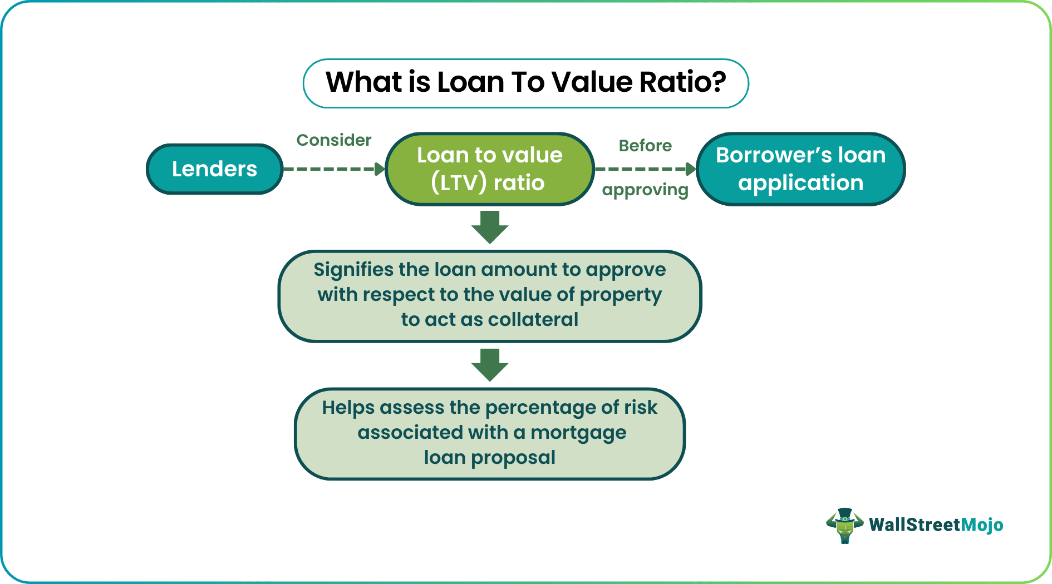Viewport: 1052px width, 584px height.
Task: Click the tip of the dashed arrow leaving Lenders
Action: click(385, 169)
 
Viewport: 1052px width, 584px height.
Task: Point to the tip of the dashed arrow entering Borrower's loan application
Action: click(696, 169)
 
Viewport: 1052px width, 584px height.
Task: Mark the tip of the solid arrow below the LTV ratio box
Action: click(490, 244)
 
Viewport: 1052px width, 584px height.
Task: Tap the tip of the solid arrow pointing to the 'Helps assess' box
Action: click(490, 382)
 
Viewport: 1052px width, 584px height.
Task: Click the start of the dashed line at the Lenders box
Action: click(284, 169)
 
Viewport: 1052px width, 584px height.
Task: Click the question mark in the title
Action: click(719, 82)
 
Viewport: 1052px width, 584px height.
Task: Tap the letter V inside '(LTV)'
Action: click(469, 183)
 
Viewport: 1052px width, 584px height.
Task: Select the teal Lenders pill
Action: click(215, 169)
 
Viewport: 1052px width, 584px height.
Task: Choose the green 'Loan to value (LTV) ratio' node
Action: click(490, 169)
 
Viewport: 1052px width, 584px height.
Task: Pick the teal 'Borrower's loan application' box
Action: click(801, 169)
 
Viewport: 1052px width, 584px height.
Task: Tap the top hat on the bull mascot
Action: click(845, 514)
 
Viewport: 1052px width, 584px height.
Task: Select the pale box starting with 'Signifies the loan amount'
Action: click(490, 296)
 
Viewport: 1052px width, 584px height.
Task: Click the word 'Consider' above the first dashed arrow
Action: click(334, 140)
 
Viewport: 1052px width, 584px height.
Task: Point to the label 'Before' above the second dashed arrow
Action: click(646, 146)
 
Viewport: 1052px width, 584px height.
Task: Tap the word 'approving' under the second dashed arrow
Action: click(646, 190)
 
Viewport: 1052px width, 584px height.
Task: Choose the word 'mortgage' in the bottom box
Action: click(578, 433)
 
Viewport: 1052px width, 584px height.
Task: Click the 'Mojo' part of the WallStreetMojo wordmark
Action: click(982, 525)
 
